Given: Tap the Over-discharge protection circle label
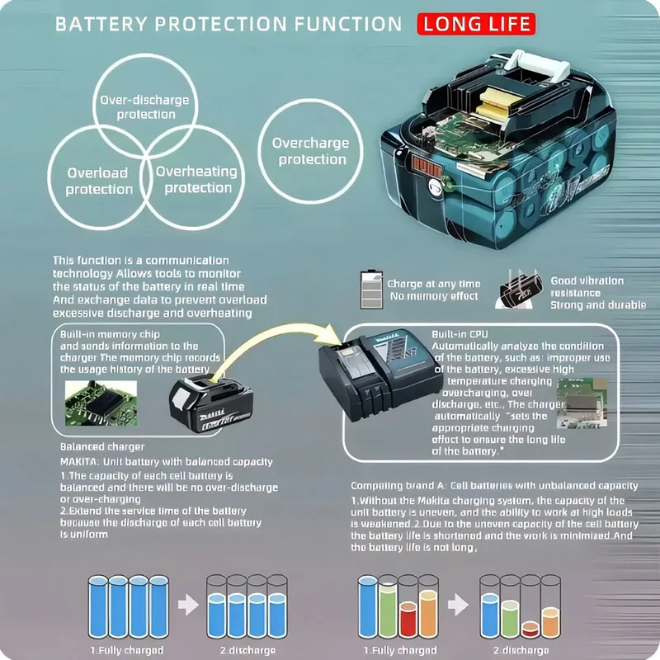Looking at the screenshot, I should coord(144,107).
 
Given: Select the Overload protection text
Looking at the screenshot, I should coord(99,181).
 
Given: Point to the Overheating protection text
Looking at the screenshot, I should coord(196,180).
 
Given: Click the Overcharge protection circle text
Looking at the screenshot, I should coord(310,151).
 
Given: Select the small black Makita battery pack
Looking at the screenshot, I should coord(206,405).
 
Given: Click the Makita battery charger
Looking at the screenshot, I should coord(375,376).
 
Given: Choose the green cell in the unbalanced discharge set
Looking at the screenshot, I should coord(509,617).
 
